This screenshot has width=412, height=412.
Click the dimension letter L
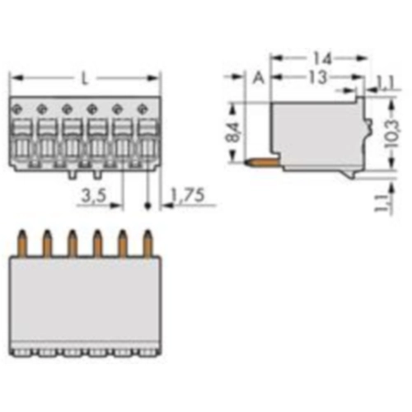85,79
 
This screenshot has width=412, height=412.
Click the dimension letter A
257,79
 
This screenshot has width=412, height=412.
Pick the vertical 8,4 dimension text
233,131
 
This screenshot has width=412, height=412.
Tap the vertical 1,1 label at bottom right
380,203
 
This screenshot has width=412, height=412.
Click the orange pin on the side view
259,162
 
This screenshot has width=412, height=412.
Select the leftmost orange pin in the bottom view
21,241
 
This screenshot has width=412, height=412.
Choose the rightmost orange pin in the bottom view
148,241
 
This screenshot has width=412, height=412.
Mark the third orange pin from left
72,241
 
